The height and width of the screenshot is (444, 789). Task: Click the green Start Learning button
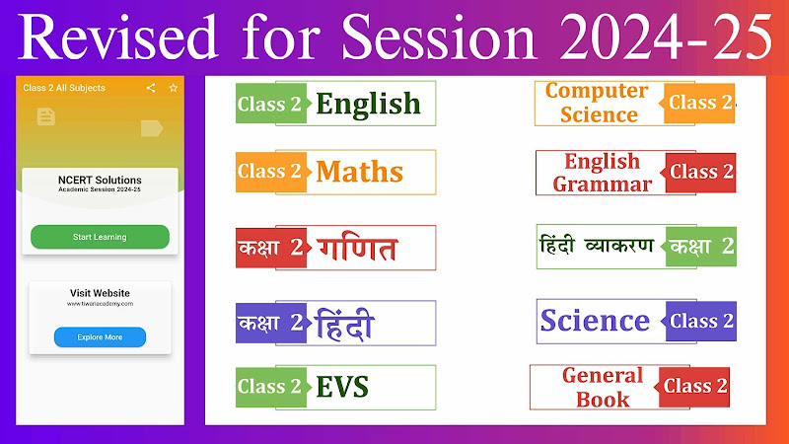(100, 237)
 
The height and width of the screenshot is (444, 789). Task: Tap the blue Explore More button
(100, 337)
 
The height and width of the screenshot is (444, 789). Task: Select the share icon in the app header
(151, 88)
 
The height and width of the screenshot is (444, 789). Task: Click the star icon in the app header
(174, 88)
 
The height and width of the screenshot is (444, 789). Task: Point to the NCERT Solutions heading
(100, 180)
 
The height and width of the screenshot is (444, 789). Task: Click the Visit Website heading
(100, 293)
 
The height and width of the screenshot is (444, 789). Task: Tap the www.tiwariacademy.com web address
(100, 304)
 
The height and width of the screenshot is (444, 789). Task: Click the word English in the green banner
(368, 105)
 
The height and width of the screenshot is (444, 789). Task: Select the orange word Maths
(359, 172)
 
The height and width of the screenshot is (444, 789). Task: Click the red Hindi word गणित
(358, 248)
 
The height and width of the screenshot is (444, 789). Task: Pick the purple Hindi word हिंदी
(344, 325)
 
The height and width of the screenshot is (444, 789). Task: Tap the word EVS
(342, 387)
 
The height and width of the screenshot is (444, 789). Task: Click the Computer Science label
(598, 103)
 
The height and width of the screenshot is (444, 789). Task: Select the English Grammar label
(602, 173)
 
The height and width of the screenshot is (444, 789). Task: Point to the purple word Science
(595, 321)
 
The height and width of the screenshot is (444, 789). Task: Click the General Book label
(603, 387)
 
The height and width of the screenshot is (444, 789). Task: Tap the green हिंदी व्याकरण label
(597, 246)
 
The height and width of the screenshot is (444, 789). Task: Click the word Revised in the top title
(118, 37)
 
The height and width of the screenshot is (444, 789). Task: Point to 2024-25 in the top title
(667, 37)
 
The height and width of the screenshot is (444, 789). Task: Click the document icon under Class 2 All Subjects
(45, 116)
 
